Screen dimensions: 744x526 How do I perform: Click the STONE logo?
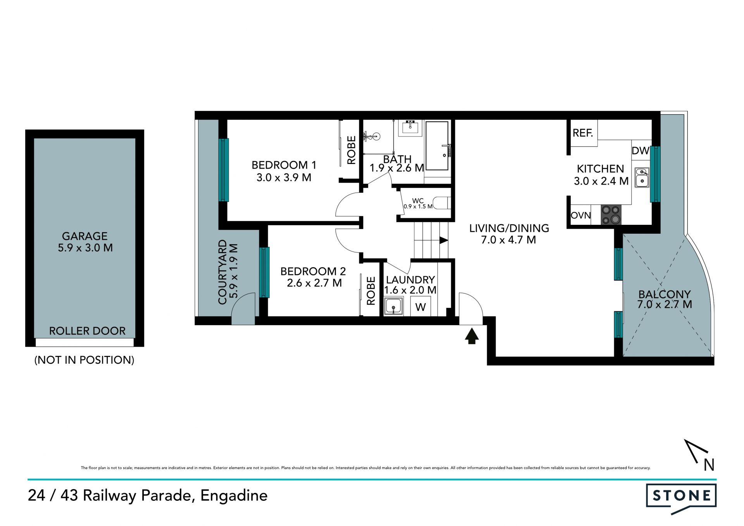[x=681, y=498]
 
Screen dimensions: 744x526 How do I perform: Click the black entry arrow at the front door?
[x=472, y=336]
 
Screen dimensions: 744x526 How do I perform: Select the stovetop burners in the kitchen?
[x=611, y=215]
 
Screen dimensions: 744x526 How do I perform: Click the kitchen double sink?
[x=642, y=178]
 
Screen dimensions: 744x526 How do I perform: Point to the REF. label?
[x=583, y=133]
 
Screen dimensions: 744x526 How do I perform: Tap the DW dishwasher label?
[x=640, y=151]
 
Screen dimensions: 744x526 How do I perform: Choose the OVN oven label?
[x=580, y=216]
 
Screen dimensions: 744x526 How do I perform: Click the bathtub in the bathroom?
[x=437, y=145]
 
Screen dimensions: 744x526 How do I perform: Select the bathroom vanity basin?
[x=410, y=127]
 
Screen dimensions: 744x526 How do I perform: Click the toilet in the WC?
[x=442, y=203]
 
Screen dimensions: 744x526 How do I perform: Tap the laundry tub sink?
[x=394, y=306]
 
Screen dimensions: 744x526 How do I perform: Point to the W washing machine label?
[x=420, y=307]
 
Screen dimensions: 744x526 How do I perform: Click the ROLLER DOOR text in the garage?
[x=87, y=331]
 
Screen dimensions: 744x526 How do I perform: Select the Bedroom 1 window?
[x=224, y=170]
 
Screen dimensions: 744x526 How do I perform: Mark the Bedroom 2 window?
[x=264, y=272]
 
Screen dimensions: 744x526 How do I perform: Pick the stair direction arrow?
[x=444, y=240]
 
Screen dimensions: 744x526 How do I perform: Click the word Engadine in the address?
[x=234, y=496]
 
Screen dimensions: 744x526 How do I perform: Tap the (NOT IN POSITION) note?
[x=84, y=360]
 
